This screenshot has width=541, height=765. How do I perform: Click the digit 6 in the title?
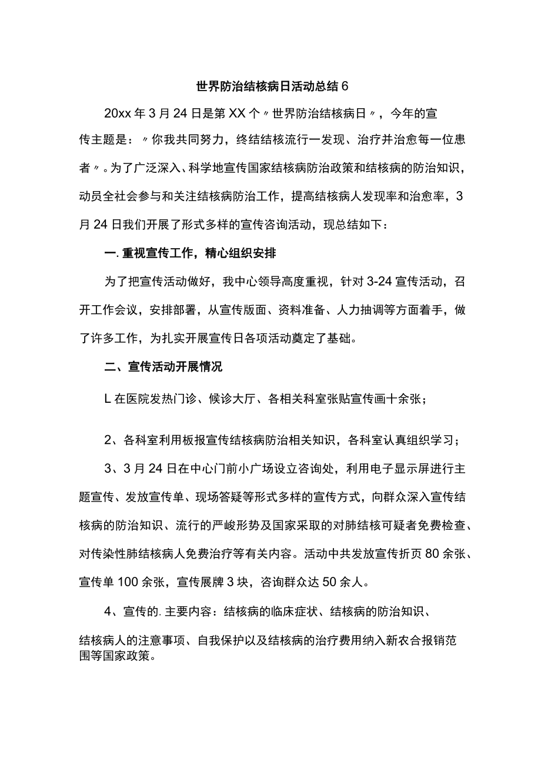(345, 86)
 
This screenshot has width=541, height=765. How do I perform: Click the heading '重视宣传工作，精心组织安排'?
(200, 253)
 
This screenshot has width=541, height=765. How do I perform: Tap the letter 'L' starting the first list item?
(108, 399)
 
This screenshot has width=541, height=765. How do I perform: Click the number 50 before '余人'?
(330, 567)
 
